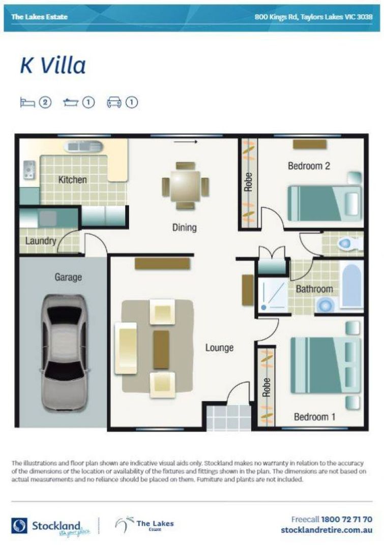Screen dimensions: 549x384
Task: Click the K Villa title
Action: (52, 66)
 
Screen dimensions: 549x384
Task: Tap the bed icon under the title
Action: (27, 103)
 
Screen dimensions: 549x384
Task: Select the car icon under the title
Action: (114, 103)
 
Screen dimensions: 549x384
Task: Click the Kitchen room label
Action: (72, 179)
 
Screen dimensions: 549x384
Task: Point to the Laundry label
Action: (41, 240)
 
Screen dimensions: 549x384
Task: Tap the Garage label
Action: (68, 278)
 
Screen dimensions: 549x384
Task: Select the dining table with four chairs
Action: (185, 186)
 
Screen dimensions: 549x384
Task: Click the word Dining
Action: (184, 227)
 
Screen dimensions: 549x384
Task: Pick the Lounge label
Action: (219, 348)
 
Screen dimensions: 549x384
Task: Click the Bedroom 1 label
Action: (314, 417)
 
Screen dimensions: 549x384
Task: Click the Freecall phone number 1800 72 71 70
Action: (346, 520)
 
